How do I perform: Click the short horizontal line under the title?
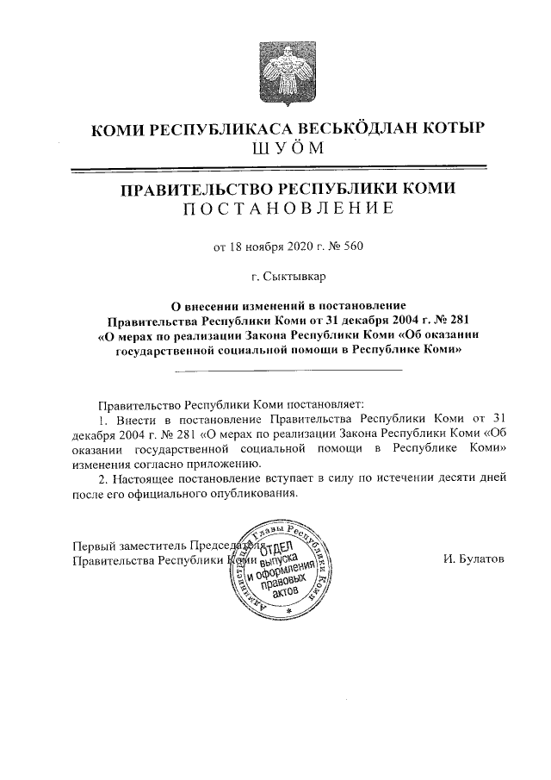(x=288, y=370)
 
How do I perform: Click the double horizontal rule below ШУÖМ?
(x=288, y=171)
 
